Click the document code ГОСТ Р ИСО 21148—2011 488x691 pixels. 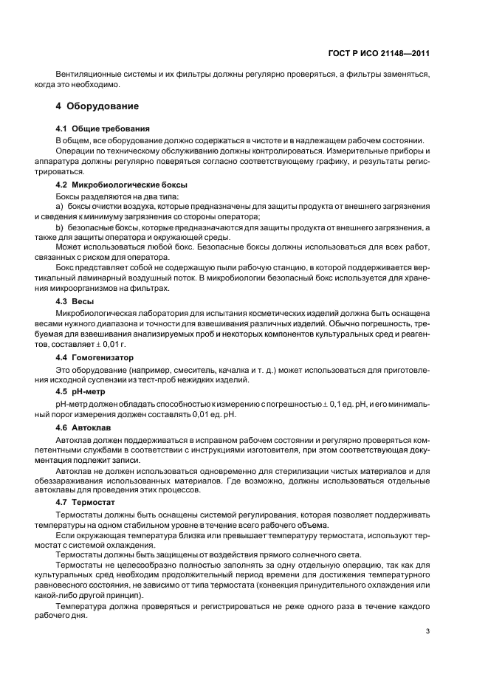pos(379,52)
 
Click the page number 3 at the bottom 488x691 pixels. pos(428,630)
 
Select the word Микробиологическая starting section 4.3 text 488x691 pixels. pos(96,313)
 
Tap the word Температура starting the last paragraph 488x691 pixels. pos(79,606)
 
